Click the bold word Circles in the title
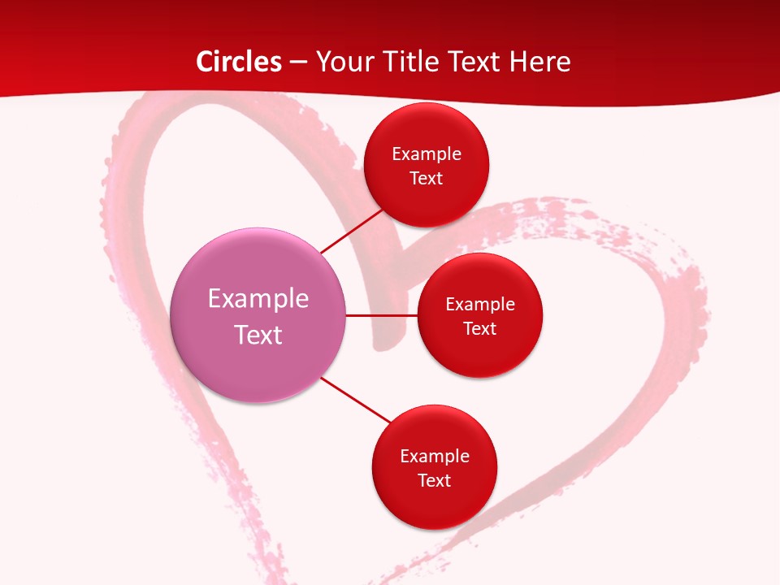click(x=239, y=62)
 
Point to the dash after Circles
click(x=298, y=63)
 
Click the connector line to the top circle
click(x=353, y=231)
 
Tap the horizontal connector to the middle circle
click(x=382, y=315)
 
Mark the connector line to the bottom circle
click(x=357, y=400)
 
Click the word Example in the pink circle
click(x=258, y=299)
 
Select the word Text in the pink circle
click(x=258, y=335)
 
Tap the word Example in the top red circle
click(x=427, y=154)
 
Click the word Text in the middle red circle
click(x=480, y=329)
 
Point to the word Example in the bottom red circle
click(x=435, y=456)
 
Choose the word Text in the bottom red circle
click(x=435, y=480)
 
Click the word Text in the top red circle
click(x=427, y=178)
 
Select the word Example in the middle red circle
click(x=480, y=305)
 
